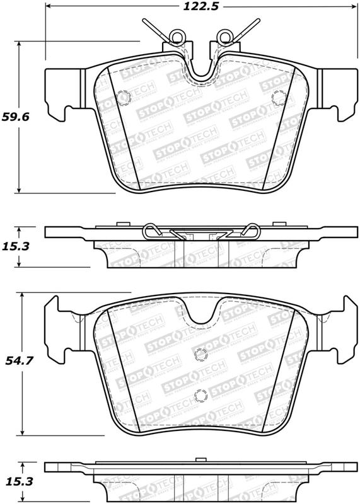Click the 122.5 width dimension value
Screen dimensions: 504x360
pos(197,8)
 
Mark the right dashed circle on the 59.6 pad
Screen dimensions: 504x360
pos(277,97)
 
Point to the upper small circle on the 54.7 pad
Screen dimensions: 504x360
pos(200,354)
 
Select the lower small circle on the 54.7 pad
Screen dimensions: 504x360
pos(200,396)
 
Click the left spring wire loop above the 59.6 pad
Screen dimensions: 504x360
pos(178,37)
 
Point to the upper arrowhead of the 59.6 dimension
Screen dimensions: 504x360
pos(20,45)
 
